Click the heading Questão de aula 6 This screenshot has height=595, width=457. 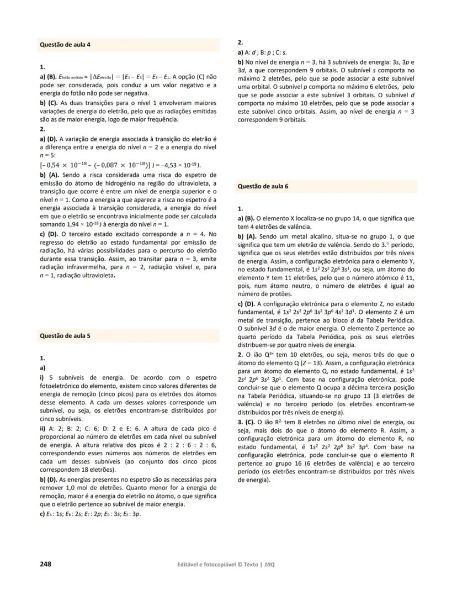(x=263, y=187)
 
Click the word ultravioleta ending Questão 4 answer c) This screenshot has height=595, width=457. (x=97, y=276)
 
